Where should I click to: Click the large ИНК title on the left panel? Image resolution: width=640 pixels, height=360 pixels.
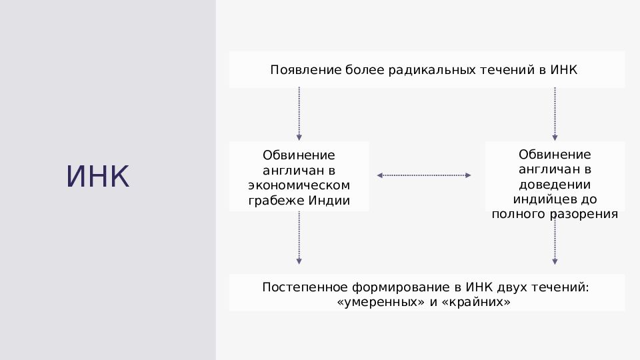(97, 176)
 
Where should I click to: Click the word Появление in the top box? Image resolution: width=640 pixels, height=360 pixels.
(306, 70)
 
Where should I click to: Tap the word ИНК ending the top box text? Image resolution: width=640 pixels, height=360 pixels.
(564, 70)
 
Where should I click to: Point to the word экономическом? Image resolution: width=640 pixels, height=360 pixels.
(299, 185)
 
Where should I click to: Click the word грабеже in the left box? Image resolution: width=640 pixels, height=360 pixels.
(276, 201)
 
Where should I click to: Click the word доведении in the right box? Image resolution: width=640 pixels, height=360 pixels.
(555, 185)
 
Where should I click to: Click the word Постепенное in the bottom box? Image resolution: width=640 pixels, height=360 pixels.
(305, 287)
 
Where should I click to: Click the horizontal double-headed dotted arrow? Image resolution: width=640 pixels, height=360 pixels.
(424, 175)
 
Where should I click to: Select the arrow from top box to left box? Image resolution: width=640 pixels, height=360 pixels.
(299, 114)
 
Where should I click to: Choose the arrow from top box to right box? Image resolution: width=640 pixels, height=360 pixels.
(555, 114)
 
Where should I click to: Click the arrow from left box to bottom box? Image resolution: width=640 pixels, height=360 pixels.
(299, 238)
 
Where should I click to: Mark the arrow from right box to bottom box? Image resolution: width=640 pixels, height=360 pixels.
(555, 241)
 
